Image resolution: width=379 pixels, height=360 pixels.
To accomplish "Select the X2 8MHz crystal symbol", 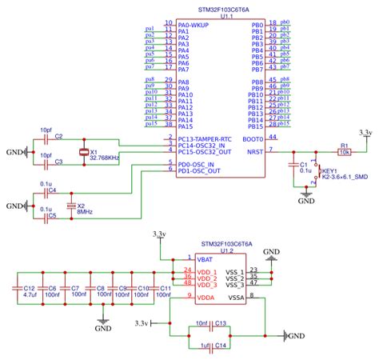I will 71,206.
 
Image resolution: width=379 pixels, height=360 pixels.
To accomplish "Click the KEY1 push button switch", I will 317,178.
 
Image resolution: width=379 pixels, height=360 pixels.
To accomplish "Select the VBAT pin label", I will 207,260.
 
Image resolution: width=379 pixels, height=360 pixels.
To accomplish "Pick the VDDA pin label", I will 207,297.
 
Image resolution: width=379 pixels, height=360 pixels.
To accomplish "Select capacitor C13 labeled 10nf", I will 210,326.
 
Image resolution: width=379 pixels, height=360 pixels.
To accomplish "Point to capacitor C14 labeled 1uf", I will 210,345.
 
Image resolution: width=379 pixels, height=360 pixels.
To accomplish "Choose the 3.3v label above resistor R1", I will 365,131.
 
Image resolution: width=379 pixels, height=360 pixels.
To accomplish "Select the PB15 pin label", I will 256,126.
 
